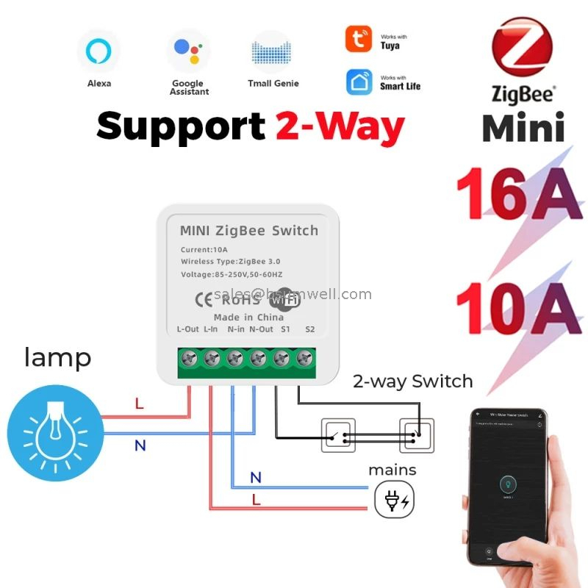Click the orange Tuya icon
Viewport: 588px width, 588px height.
tap(359, 39)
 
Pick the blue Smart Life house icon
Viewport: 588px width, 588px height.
tap(359, 82)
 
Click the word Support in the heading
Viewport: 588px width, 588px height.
tap(180, 126)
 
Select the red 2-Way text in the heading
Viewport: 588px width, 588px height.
tap(340, 126)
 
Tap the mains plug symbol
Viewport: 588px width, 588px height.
tap(394, 499)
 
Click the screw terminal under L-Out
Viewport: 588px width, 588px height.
tap(189, 359)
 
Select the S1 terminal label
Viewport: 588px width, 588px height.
tap(286, 329)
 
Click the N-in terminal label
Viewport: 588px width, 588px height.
tap(235, 329)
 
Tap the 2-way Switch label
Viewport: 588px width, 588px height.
tap(412, 381)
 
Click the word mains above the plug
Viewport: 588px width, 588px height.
tap(392, 470)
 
